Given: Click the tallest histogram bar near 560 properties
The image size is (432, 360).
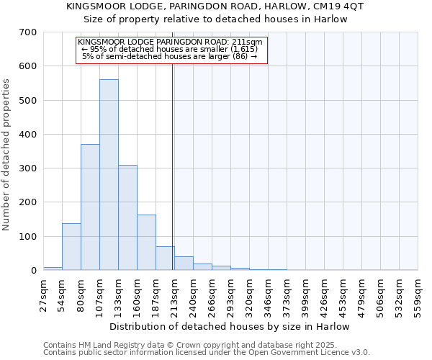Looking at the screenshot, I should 109,175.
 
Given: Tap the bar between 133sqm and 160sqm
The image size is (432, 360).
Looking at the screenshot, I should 127,217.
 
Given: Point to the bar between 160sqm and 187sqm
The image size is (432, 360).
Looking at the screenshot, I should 146,243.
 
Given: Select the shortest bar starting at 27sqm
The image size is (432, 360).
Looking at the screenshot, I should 53,269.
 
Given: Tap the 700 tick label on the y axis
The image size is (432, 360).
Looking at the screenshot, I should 28,32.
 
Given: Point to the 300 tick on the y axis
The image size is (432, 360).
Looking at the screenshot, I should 28,168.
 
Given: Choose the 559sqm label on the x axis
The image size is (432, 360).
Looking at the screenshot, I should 418,295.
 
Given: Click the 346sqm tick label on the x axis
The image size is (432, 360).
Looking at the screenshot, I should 268,295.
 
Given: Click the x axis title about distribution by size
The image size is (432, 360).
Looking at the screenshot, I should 230,326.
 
